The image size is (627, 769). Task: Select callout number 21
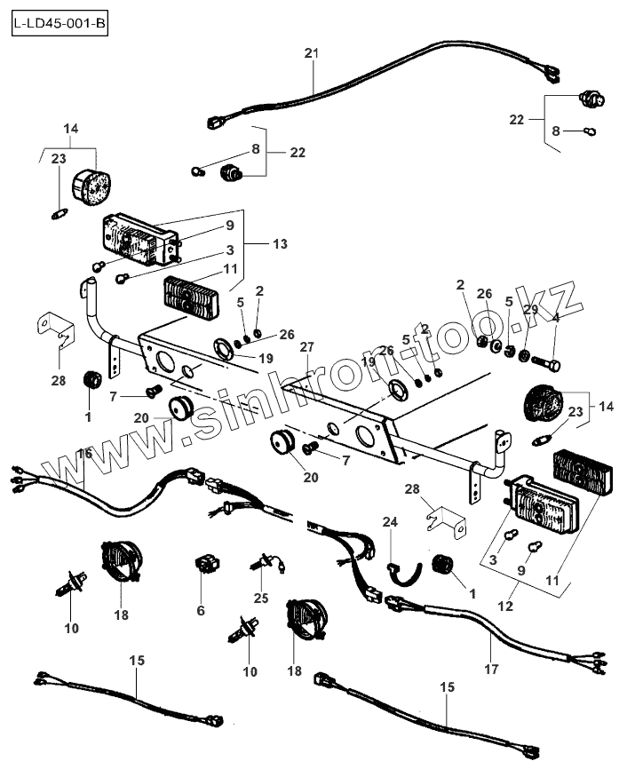click(311, 55)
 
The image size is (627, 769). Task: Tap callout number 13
click(281, 242)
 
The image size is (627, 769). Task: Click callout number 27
click(307, 346)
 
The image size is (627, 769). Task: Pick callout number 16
click(85, 454)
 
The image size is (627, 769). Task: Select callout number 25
click(260, 598)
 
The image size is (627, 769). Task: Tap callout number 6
click(201, 611)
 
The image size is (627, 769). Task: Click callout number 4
click(556, 317)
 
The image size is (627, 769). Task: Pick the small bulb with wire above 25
click(265, 561)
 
